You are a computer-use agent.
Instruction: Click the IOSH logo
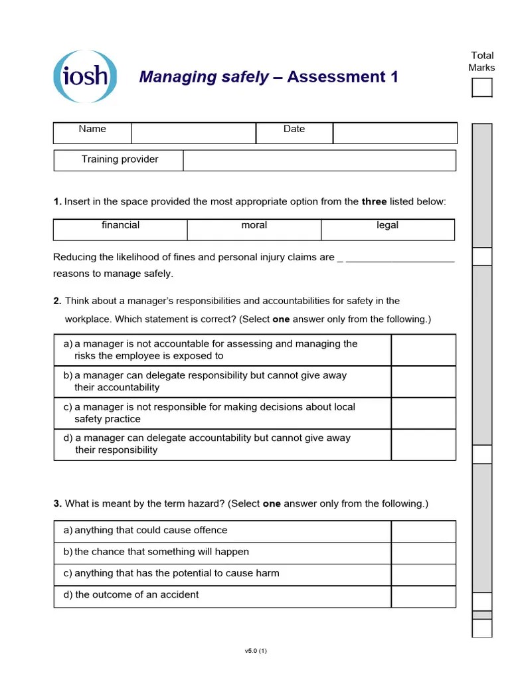pyautogui.click(x=85, y=76)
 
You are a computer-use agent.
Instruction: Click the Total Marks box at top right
pyautogui.click(x=481, y=88)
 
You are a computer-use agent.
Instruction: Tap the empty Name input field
pyautogui.click(x=193, y=133)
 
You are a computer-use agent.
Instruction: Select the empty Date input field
pyautogui.click(x=394, y=133)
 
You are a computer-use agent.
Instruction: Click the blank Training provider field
pyautogui.click(x=319, y=160)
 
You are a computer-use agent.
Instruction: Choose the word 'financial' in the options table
pyautogui.click(x=120, y=225)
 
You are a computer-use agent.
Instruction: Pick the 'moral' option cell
pyautogui.click(x=254, y=225)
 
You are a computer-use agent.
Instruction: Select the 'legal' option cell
pyautogui.click(x=388, y=225)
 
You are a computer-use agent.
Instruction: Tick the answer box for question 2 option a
pyautogui.click(x=423, y=350)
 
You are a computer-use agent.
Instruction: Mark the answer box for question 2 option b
pyautogui.click(x=423, y=382)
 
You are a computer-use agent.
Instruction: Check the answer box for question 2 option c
pyautogui.click(x=423, y=413)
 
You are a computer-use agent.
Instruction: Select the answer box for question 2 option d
pyautogui.click(x=423, y=444)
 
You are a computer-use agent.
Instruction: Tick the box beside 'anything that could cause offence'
pyautogui.click(x=423, y=531)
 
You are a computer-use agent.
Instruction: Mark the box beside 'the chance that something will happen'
pyautogui.click(x=423, y=552)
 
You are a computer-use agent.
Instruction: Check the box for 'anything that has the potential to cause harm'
pyautogui.click(x=423, y=574)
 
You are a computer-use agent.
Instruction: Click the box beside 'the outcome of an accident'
pyautogui.click(x=423, y=596)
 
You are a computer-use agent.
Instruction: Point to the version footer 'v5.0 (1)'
pyautogui.click(x=256, y=651)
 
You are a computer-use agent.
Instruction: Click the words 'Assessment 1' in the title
pyautogui.click(x=343, y=77)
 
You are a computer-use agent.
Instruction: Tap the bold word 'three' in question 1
pyautogui.click(x=374, y=201)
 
